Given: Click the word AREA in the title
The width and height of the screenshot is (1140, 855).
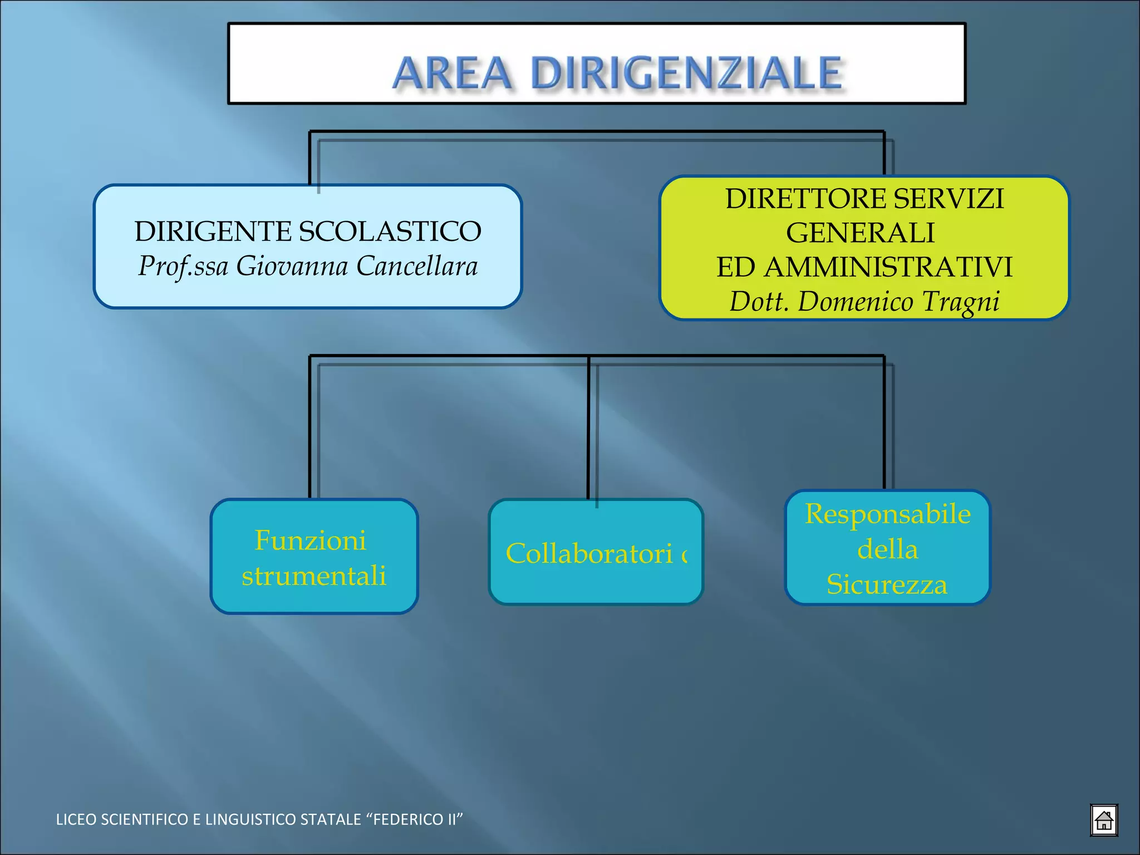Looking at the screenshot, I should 452,73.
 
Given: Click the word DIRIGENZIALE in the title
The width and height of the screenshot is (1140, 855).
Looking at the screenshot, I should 686,73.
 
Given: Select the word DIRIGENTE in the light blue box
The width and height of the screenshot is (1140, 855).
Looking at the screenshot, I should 212,232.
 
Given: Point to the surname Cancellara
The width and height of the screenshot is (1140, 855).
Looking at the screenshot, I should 416,266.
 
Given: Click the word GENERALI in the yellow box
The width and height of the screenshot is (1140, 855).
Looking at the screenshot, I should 860,233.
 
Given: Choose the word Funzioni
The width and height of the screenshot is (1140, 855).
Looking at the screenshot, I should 310,540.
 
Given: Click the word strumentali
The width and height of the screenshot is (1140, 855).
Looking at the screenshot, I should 313,576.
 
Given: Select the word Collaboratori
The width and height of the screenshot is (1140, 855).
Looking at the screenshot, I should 589,554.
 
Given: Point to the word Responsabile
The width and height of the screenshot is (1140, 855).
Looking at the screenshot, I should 887,514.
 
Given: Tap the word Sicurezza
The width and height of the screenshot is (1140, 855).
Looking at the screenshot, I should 887,584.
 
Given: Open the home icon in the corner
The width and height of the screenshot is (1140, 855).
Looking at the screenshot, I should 1103,820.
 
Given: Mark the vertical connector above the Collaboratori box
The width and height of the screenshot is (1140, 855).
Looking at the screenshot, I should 588,429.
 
